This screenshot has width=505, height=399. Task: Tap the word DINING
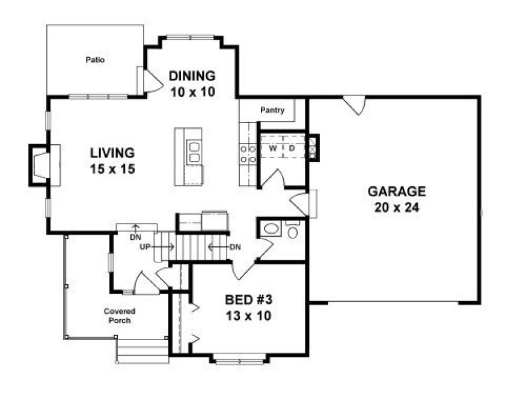click(192, 76)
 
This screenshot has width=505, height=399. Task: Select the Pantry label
click(272, 110)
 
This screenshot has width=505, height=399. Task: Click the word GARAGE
click(396, 192)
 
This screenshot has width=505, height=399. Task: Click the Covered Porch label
click(118, 315)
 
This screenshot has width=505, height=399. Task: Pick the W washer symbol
click(272, 148)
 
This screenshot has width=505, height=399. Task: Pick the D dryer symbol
click(292, 148)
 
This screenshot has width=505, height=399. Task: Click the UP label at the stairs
click(145, 246)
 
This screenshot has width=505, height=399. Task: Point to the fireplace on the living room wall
click(40, 164)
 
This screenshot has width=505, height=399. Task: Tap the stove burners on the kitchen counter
click(248, 154)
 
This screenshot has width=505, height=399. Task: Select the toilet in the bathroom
click(293, 231)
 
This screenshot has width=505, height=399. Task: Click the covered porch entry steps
click(142, 352)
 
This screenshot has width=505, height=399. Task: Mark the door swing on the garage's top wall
click(355, 105)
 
